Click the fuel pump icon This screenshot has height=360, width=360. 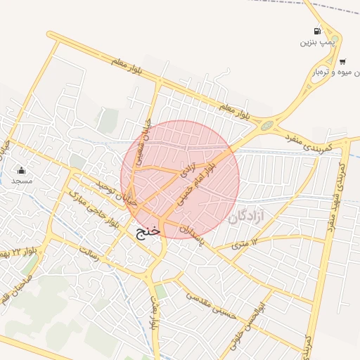tap(318, 31)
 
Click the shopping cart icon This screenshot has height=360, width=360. tap(342, 61)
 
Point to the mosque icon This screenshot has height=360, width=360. tap(22, 170)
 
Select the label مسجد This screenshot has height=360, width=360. tap(22, 181)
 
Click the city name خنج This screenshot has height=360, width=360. tap(148, 230)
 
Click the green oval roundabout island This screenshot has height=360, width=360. tap(267, 126)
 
